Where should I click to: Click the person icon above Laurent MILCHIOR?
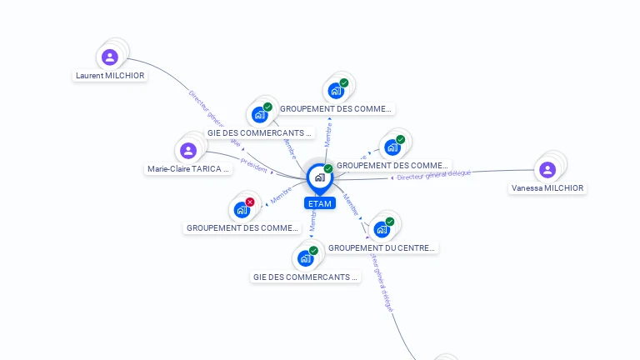click(x=110, y=57)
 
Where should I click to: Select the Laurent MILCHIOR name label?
click(x=110, y=76)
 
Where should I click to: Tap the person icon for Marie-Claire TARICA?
click(x=188, y=151)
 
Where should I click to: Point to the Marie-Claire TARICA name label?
click(x=188, y=169)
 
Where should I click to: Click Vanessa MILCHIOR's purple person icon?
click(x=547, y=170)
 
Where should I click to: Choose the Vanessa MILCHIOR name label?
click(x=547, y=188)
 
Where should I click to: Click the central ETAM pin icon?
click(x=319, y=177)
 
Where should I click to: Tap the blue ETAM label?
click(x=320, y=203)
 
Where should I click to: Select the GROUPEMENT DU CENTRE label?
click(x=382, y=247)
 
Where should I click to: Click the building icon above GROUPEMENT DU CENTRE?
click(x=382, y=229)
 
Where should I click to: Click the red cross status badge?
click(x=250, y=202)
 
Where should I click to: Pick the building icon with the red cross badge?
click(x=242, y=209)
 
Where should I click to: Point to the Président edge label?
click(x=255, y=168)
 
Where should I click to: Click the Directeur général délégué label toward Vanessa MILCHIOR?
click(x=434, y=175)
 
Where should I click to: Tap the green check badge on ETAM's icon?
click(x=328, y=169)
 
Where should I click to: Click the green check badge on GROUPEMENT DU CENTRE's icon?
click(x=390, y=222)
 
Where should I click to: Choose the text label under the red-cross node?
click(x=242, y=227)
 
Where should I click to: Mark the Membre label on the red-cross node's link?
click(x=281, y=197)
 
